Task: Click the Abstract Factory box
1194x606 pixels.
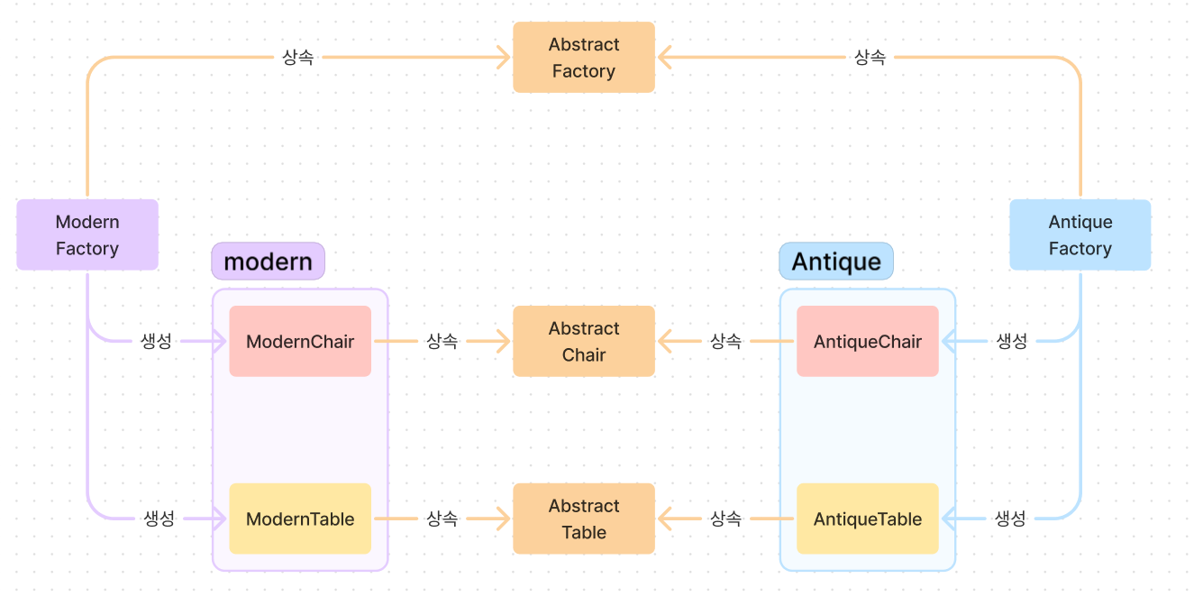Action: pyautogui.click(x=584, y=58)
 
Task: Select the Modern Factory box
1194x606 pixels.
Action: pyautogui.click(x=87, y=234)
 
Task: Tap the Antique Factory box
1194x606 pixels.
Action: pyautogui.click(x=1080, y=234)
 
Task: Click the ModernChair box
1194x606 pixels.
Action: pyautogui.click(x=300, y=341)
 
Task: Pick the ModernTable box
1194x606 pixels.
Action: pyautogui.click(x=300, y=519)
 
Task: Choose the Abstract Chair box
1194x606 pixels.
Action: pyautogui.click(x=584, y=341)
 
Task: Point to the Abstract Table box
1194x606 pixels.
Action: pyautogui.click(x=584, y=519)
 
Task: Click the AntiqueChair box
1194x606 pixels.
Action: pyautogui.click(x=867, y=341)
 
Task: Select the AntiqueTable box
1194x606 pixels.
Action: pyautogui.click(x=867, y=519)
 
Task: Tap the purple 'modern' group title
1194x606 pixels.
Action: pyautogui.click(x=268, y=262)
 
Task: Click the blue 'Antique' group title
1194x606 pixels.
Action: pyautogui.click(x=836, y=262)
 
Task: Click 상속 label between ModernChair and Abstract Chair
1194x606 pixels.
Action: pyautogui.click(x=442, y=341)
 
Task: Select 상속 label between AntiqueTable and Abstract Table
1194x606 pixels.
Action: pyautogui.click(x=725, y=519)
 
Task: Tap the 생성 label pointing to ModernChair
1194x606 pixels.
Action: pyautogui.click(x=157, y=341)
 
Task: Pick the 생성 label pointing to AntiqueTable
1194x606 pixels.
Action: pyautogui.click(x=1010, y=519)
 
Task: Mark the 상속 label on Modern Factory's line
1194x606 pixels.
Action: pyautogui.click(x=298, y=58)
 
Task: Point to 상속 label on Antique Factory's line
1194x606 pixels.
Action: pyautogui.click(x=870, y=58)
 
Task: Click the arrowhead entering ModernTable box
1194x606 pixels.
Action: pyautogui.click(x=219, y=519)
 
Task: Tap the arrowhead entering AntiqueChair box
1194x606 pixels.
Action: pyautogui.click(x=949, y=341)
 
